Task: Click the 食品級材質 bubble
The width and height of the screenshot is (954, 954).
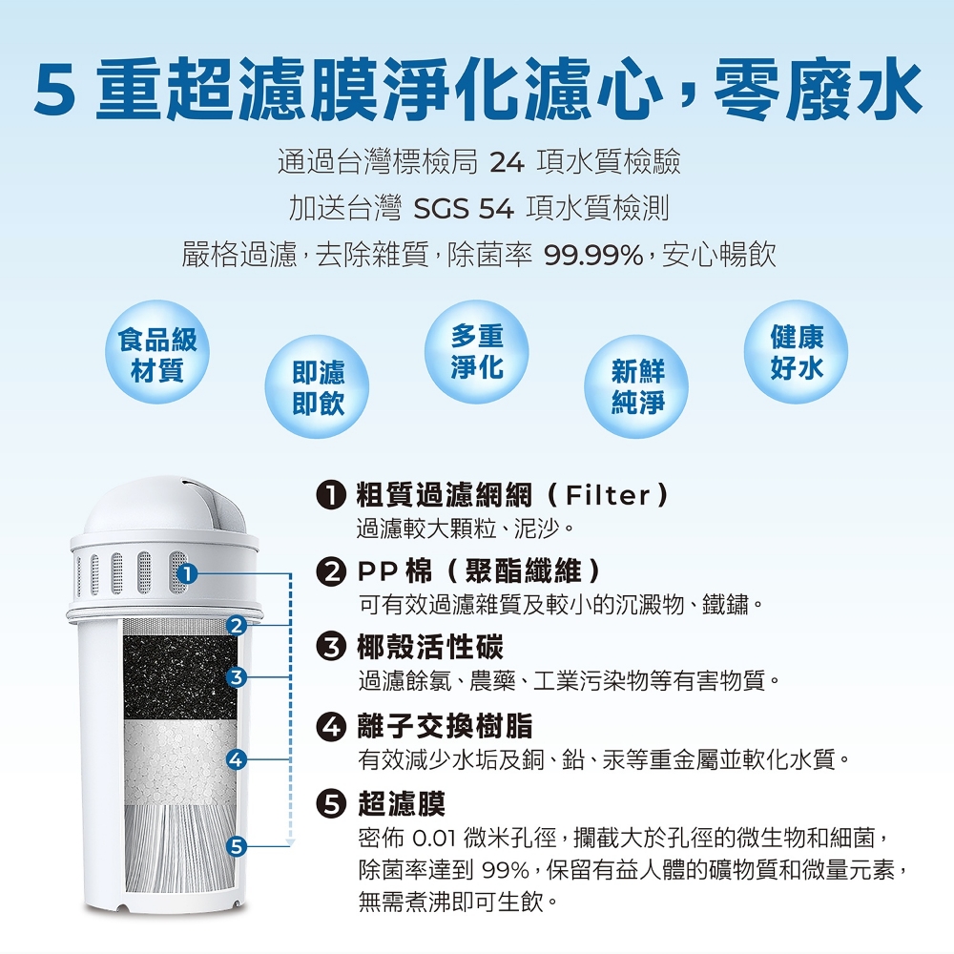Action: point(157,352)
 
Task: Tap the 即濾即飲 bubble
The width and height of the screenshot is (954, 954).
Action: point(317,387)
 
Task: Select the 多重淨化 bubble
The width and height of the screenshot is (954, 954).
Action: point(476,352)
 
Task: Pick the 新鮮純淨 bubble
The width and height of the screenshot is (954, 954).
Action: point(636,387)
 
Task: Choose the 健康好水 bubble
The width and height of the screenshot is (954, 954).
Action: point(796,352)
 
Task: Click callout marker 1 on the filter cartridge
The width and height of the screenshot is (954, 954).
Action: point(187,573)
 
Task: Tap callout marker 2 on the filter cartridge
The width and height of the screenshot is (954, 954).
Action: point(236,625)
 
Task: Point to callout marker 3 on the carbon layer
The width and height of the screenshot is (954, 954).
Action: point(236,677)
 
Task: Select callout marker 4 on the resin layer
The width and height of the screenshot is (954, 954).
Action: point(236,758)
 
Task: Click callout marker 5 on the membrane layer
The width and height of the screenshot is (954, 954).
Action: point(236,845)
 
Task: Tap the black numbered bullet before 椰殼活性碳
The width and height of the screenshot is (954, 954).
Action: point(331,647)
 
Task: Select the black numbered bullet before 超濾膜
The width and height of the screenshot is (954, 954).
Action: point(331,803)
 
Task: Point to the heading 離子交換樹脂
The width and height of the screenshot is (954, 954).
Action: point(446,725)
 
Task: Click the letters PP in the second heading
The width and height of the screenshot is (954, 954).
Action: point(377,571)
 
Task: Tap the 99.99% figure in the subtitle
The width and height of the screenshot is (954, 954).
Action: point(593,256)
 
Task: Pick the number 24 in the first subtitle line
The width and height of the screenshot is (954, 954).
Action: point(507,162)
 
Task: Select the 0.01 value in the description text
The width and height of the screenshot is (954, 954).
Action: point(434,839)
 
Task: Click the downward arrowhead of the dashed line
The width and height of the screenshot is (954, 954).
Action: point(290,842)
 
